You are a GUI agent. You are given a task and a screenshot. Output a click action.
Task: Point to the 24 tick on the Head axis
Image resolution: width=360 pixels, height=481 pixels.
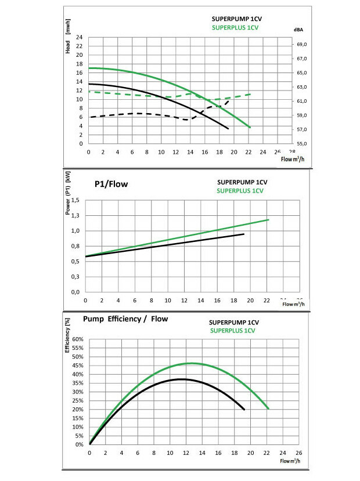click(79, 38)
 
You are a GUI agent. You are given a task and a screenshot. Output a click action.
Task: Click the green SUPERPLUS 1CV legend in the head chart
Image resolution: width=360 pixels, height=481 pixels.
click(235, 27)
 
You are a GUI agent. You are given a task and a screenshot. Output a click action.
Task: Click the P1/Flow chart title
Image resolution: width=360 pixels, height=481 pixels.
click(111, 184)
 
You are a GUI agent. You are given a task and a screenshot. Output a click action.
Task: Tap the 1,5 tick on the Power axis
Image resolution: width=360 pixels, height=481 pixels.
click(74, 200)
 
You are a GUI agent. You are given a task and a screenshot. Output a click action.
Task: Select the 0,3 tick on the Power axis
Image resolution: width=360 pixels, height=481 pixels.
click(74, 277)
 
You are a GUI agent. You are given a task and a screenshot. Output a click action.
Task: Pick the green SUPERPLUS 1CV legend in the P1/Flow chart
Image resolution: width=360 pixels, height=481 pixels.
click(240, 190)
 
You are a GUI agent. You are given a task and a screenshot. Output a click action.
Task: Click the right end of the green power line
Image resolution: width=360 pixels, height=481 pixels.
click(269, 219)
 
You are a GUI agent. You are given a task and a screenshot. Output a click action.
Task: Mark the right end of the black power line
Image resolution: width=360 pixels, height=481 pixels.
click(244, 234)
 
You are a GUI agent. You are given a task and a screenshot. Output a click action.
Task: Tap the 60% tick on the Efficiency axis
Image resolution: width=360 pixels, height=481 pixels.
click(78, 339)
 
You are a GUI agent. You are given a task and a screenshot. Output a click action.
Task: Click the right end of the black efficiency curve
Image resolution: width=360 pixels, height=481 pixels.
click(244, 410)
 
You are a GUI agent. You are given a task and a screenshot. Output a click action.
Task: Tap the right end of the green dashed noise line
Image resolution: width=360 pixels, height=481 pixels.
click(250, 94)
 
